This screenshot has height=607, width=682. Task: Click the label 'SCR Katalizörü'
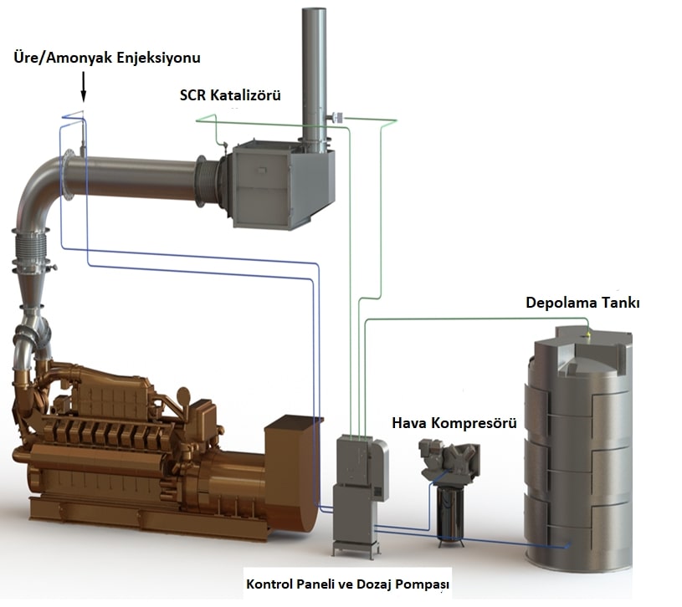229,95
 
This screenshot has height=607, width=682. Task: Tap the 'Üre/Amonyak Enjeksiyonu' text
107,58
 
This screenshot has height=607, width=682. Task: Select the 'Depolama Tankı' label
582,303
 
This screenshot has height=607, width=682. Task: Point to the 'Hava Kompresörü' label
454,423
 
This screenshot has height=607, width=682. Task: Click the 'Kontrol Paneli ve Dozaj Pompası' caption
347,582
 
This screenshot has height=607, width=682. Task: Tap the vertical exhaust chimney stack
315,67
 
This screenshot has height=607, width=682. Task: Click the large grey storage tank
581,451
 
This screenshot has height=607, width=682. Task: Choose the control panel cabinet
360,493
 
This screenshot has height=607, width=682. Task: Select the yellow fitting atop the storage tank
587,335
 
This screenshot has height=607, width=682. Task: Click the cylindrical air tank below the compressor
453,515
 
